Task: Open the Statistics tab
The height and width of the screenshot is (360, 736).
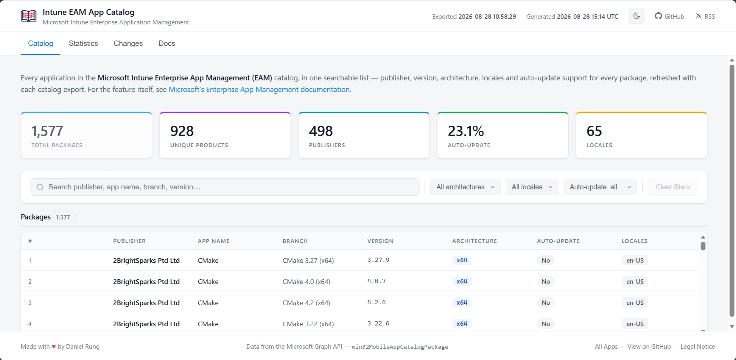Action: click(x=83, y=43)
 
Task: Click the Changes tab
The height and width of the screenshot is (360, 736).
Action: click(x=128, y=43)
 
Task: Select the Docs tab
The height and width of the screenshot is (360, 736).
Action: click(x=167, y=43)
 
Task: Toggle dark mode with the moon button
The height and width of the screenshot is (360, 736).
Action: click(x=636, y=16)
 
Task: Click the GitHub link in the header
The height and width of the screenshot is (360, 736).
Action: click(x=669, y=16)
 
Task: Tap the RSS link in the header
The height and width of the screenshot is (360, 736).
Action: click(x=705, y=16)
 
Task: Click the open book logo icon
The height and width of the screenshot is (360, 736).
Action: click(x=29, y=16)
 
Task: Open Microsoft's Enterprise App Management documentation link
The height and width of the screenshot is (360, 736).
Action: click(x=259, y=89)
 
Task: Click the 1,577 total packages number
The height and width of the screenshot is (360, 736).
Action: click(x=47, y=131)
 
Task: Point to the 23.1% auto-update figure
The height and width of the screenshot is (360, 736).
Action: click(x=466, y=131)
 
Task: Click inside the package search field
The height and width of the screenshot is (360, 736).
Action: click(x=225, y=187)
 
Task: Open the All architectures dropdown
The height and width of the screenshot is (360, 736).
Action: click(x=465, y=187)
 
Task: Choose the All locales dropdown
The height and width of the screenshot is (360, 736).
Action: click(x=532, y=187)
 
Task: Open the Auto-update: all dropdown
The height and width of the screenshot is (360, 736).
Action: click(x=600, y=187)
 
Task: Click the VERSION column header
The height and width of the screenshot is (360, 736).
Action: click(x=380, y=241)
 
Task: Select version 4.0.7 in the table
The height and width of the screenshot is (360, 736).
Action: click(x=376, y=281)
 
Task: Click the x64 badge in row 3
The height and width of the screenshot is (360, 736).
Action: click(x=462, y=303)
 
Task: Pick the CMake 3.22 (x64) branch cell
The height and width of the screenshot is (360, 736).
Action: click(x=308, y=324)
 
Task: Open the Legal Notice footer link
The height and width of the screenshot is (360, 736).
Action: click(x=698, y=347)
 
